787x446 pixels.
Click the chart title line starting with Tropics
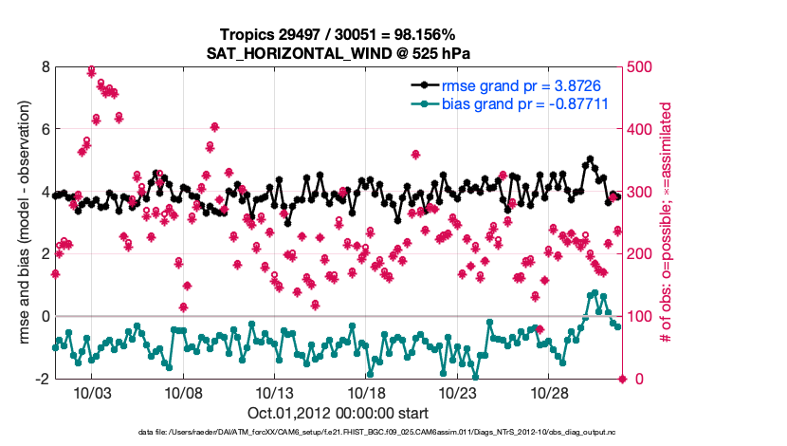[339, 34]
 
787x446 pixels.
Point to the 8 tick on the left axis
[45, 66]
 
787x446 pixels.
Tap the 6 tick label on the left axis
[45, 129]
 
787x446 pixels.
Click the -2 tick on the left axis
[42, 379]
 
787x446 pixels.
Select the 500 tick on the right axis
[643, 66]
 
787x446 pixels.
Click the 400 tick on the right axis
[643, 129]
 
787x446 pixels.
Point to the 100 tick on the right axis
[643, 316]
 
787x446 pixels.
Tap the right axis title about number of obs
[668, 222]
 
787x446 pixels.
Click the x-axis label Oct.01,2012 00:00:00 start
[339, 413]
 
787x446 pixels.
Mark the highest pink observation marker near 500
[91, 70]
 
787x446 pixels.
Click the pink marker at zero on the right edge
[623, 379]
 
